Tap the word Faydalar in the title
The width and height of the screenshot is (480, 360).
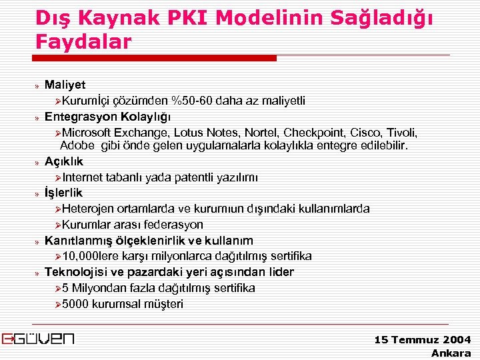[x=84, y=41]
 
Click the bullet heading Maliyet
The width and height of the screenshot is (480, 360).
[x=65, y=85]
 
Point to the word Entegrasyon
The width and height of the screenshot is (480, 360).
[x=75, y=116]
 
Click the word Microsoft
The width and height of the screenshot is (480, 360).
[x=88, y=132]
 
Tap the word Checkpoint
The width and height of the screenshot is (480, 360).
[x=327, y=132]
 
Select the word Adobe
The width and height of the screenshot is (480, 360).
[x=76, y=145]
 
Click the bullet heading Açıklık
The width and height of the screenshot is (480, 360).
[x=64, y=161]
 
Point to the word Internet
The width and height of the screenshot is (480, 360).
[x=84, y=177]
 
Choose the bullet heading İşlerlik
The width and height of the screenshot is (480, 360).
[x=63, y=193]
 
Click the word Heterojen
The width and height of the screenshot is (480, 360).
[x=90, y=209]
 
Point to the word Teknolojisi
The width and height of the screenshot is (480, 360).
[x=75, y=272]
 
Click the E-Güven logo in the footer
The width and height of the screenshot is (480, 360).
[x=38, y=338]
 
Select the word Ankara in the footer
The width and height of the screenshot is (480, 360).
[x=451, y=353]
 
